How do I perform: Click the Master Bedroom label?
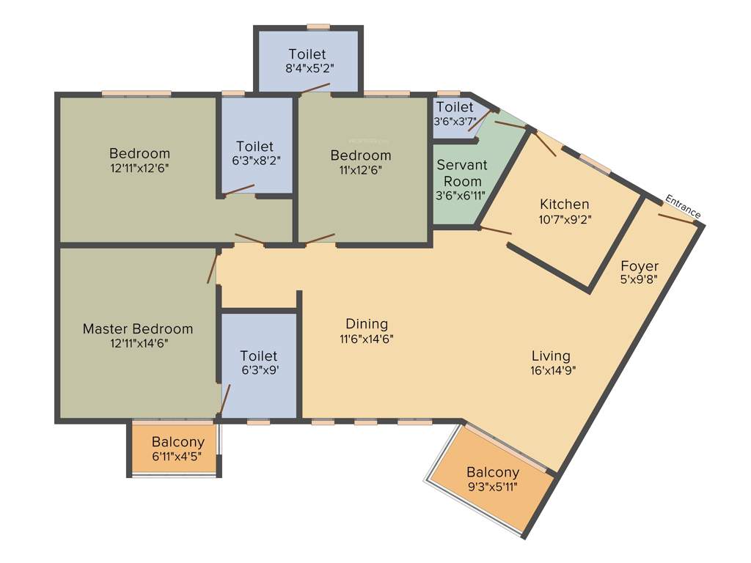point(138,328)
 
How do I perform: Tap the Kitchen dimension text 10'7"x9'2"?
point(564,218)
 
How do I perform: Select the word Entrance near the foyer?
point(683,205)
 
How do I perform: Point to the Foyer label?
point(640,265)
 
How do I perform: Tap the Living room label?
point(551,356)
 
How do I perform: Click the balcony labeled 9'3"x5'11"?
point(493,479)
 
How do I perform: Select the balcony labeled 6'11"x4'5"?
point(176,449)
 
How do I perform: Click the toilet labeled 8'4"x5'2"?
point(307,61)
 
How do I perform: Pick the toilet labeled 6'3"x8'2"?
point(254,153)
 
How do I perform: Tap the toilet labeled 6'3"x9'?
point(259,363)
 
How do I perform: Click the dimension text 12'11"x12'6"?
point(139,168)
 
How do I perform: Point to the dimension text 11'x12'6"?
point(360,169)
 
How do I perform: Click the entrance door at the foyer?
point(677,219)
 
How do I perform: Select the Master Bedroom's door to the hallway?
point(213,268)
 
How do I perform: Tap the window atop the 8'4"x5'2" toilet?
point(318,27)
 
